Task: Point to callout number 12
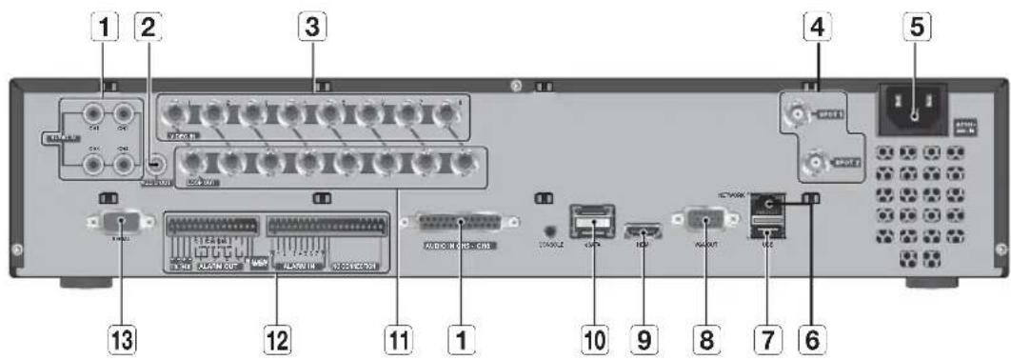(277, 337)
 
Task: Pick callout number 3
(306, 30)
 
